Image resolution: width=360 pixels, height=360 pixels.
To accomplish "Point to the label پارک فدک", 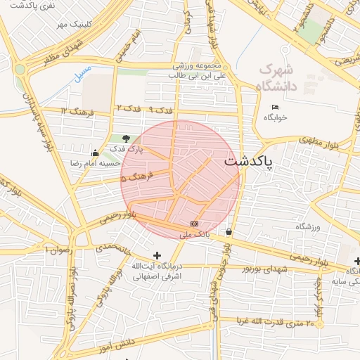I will [129, 149].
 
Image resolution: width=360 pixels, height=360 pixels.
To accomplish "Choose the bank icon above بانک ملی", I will [194, 223].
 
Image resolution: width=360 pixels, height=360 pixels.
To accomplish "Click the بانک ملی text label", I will [195, 233].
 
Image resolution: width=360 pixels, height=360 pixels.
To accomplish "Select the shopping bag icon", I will [229, 231].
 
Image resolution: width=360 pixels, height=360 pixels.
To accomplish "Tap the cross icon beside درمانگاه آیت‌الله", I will [157, 255].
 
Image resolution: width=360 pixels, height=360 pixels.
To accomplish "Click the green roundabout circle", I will [20, 69].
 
